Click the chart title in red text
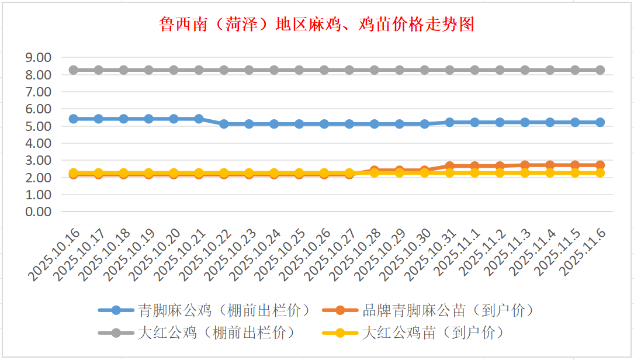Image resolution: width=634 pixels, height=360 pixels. click(x=316, y=25)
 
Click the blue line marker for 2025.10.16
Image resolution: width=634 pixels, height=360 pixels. click(x=74, y=119)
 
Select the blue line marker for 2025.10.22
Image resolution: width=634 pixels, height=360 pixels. click(x=224, y=124)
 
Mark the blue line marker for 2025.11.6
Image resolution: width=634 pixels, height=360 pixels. click(x=600, y=122)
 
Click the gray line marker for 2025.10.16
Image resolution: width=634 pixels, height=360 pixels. click(x=74, y=70)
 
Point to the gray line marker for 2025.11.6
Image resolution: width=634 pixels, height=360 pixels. click(x=600, y=70)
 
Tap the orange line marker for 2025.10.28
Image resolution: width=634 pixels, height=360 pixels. click(x=375, y=171)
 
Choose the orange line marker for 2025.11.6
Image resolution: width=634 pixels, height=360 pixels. click(x=600, y=165)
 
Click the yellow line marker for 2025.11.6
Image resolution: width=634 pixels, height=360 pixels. click(x=600, y=173)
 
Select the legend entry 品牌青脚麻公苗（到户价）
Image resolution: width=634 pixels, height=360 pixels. click(x=447, y=310)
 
